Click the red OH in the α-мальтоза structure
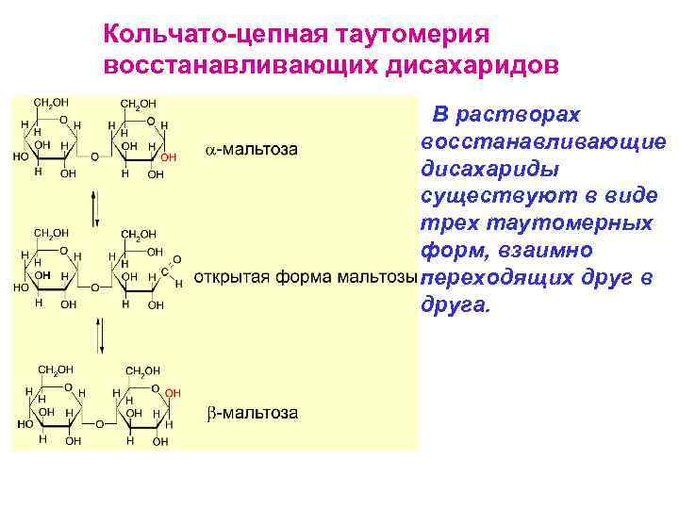(170, 156)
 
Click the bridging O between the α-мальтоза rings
(93, 156)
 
